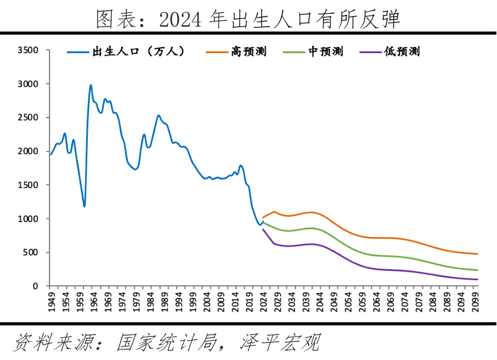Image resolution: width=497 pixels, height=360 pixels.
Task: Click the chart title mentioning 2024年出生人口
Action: (x=248, y=19)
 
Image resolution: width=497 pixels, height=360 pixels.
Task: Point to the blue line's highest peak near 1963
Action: (x=91, y=85)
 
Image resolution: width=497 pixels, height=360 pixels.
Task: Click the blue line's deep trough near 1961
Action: (x=84, y=206)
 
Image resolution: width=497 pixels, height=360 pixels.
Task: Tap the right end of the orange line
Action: (x=477, y=254)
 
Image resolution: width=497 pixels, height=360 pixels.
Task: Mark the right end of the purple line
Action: (x=477, y=280)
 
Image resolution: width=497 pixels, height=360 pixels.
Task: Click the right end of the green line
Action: (x=477, y=270)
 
